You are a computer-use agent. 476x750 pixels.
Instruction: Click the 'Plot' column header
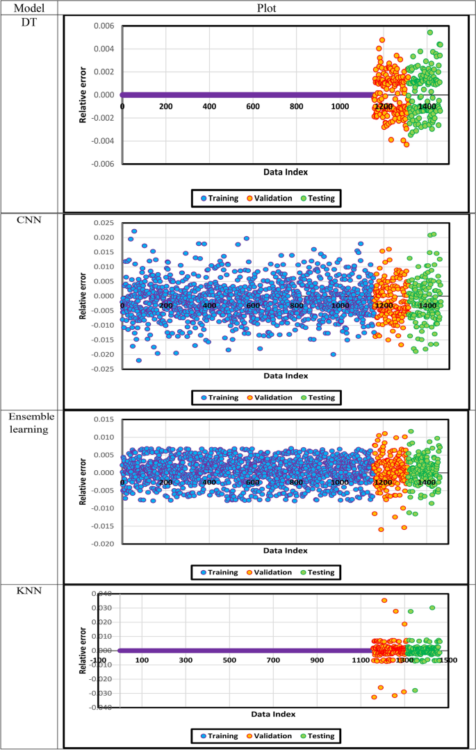(267, 8)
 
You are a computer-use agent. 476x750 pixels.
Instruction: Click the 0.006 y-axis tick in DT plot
(103, 26)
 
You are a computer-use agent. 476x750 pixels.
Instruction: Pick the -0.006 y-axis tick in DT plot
(101, 164)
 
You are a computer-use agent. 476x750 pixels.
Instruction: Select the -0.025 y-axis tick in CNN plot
(101, 368)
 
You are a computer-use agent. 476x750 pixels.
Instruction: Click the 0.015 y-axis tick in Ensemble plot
(103, 419)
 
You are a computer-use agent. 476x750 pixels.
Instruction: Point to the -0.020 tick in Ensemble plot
(101, 544)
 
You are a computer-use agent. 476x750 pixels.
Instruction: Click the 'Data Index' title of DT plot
(285, 172)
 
